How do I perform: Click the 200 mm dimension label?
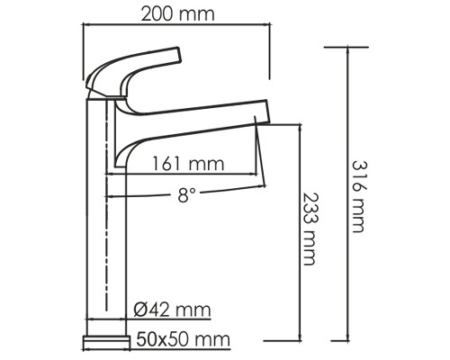pyautogui.click(x=176, y=14)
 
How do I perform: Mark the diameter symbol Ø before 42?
pyautogui.click(x=140, y=311)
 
